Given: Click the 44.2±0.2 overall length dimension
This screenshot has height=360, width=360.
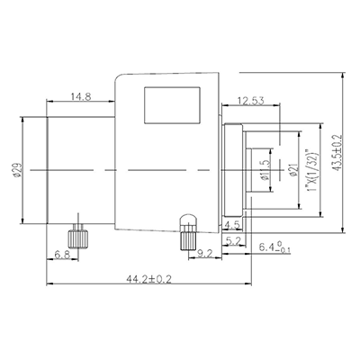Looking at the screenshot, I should [x=154, y=280].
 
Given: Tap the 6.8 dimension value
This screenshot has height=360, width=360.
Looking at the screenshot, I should [x=62, y=255].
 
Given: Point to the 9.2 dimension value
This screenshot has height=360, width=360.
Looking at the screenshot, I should [x=206, y=255].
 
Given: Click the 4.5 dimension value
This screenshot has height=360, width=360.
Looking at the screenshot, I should [x=231, y=225].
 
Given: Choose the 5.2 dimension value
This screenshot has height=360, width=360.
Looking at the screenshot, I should [x=232, y=241].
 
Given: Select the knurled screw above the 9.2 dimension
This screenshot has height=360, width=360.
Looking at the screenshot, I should [x=188, y=231].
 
